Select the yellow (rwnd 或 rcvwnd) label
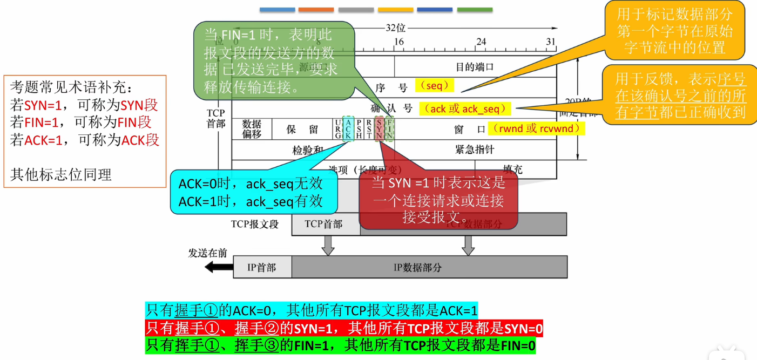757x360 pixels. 536,128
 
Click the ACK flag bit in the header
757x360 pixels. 348,129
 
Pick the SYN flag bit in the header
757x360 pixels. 379,129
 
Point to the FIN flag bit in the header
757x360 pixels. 389,129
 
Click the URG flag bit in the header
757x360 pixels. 338,129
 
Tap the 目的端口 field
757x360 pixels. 475,67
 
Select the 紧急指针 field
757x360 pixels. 475,150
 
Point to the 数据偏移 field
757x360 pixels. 252,130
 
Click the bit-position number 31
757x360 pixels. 551,42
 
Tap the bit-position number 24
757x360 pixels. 481,42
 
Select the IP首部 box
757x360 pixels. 262,267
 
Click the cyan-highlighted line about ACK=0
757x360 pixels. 312,310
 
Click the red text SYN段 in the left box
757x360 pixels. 139,105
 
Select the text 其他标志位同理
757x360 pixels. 60,174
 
